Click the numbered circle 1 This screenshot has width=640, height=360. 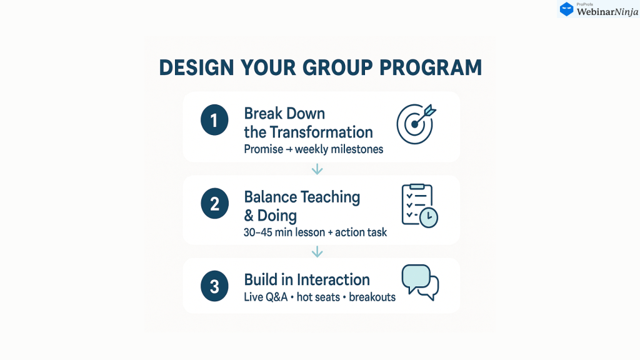[214, 120]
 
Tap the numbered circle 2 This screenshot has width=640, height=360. [214, 203]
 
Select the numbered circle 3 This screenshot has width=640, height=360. [214, 286]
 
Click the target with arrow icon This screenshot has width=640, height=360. [416, 124]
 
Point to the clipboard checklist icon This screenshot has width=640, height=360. [419, 206]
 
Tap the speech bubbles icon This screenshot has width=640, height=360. [420, 282]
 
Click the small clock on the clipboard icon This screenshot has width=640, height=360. [429, 217]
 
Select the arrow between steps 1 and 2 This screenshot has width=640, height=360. [317, 169]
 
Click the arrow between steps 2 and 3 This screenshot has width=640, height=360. [317, 252]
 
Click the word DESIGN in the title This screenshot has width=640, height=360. [197, 67]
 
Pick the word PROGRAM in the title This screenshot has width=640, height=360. [431, 67]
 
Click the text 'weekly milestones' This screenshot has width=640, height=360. [339, 149]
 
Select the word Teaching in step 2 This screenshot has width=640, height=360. [331, 197]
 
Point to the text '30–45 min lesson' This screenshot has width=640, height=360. [284, 232]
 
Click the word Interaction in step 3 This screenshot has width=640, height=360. [333, 280]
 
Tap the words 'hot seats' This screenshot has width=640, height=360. [318, 297]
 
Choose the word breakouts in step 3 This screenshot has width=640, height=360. [372, 297]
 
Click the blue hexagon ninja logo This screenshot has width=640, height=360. [566, 9]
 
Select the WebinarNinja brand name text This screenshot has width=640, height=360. [607, 12]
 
